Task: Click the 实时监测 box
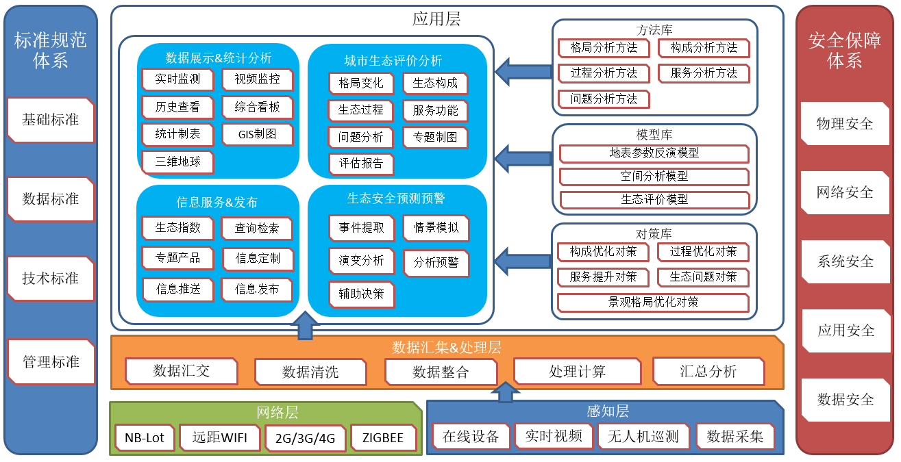(177, 79)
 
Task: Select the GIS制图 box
(257, 134)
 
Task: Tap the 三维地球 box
(178, 162)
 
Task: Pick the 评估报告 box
(361, 164)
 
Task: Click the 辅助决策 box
(361, 294)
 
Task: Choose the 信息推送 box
(179, 289)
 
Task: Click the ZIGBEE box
(383, 438)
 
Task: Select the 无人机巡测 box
(643, 436)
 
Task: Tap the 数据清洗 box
(310, 372)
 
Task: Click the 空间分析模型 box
(654, 177)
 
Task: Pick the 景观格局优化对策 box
(653, 302)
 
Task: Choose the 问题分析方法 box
(604, 99)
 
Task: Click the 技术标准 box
(51, 279)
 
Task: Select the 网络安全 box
(845, 192)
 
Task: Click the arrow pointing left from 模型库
(523, 157)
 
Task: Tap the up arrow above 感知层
(506, 391)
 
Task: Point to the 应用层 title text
(436, 18)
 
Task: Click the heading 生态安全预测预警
(396, 198)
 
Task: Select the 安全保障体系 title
(844, 50)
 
